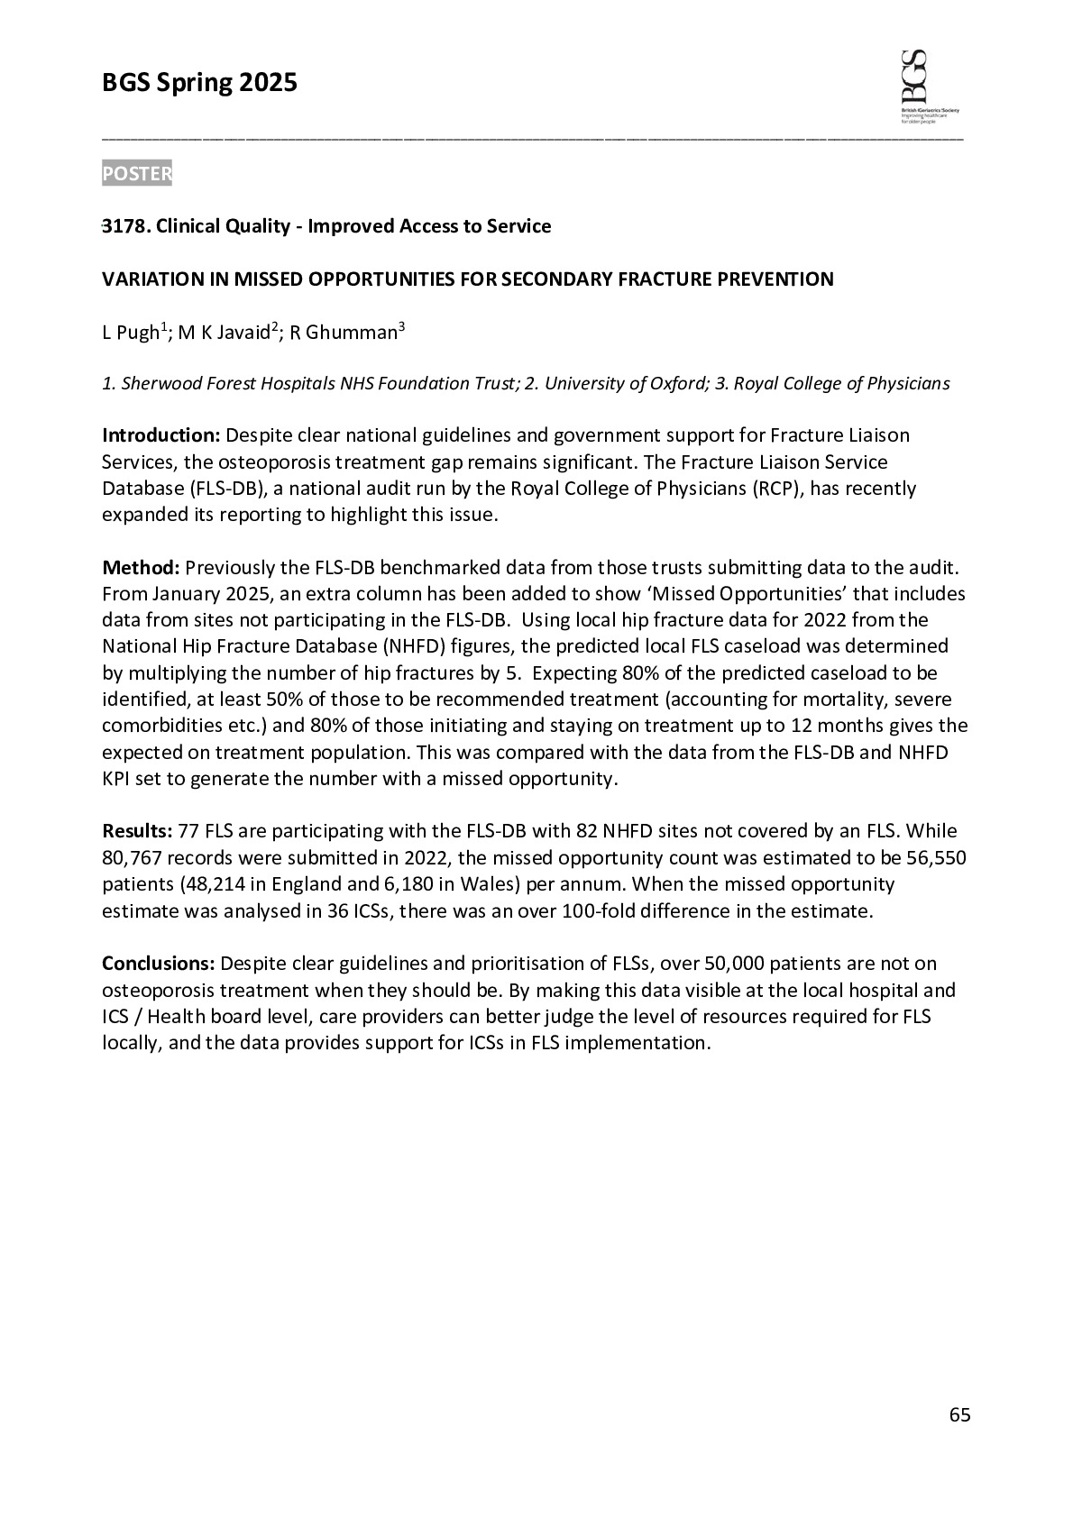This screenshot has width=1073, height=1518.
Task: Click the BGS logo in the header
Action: [x=929, y=87]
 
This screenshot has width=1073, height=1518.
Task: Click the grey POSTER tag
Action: [x=136, y=174]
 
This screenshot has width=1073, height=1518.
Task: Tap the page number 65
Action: [x=959, y=1415]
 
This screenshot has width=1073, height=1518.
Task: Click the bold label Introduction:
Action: [x=161, y=435]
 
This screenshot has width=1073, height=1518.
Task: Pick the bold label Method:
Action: [x=142, y=568]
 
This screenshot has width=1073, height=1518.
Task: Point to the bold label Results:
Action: [x=138, y=831]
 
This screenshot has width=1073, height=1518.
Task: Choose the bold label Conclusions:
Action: [x=159, y=964]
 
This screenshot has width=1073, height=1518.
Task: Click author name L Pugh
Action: [x=131, y=333]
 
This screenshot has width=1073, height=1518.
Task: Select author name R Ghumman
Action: [x=344, y=333]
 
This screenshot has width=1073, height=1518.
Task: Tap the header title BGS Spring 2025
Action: [x=199, y=84]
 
